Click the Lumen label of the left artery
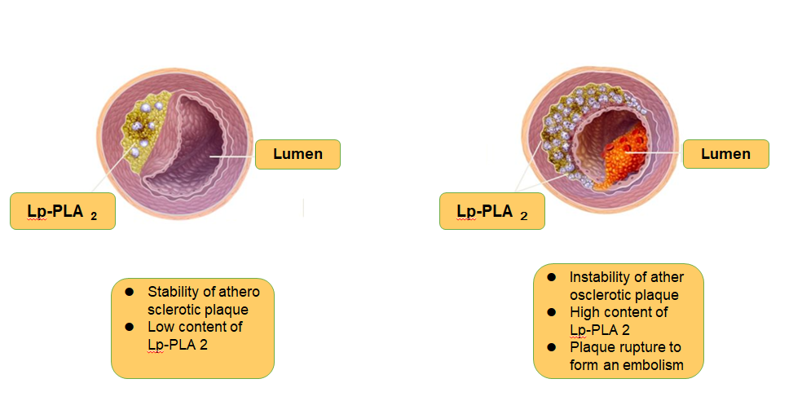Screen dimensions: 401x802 (x=297, y=154)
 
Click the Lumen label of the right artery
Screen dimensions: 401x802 (x=725, y=154)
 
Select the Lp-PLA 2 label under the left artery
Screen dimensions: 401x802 (x=62, y=212)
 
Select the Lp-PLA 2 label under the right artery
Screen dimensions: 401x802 (x=491, y=212)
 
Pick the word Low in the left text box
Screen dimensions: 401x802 (x=160, y=327)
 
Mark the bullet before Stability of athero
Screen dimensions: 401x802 (x=129, y=292)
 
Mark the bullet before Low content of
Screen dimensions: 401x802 (x=129, y=327)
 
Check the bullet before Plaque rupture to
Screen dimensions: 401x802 (x=551, y=348)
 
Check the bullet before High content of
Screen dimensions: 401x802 (x=551, y=312)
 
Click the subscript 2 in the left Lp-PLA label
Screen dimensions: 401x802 (x=94, y=217)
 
